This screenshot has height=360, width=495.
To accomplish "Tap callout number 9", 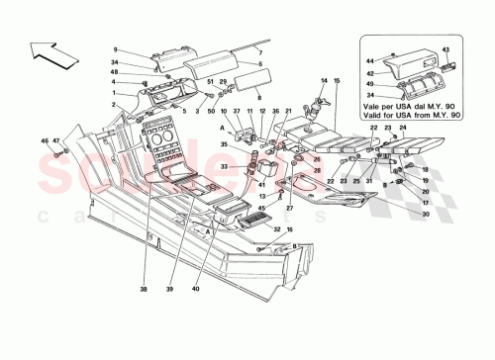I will point(115,48).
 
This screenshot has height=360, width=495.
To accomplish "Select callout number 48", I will point(115,71).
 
